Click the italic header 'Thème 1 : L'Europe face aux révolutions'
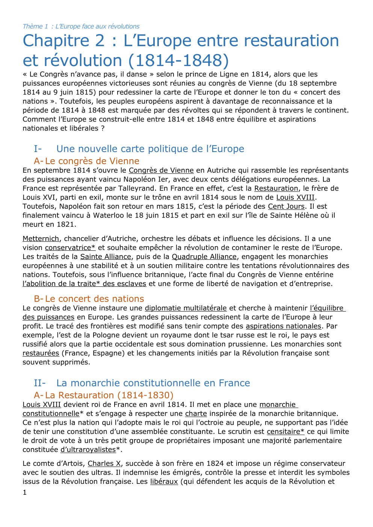[x=81, y=26]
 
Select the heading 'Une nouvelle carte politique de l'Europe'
[x=150, y=149]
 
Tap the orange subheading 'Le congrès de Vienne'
[x=92, y=161]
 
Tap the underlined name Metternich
[x=41, y=239]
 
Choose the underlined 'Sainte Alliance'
[x=106, y=257]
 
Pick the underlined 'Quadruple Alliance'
[x=204, y=257]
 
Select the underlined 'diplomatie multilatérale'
[x=186, y=308]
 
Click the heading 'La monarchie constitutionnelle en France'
[x=153, y=383]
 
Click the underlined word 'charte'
[x=196, y=414]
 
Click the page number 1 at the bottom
[x=25, y=492]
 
